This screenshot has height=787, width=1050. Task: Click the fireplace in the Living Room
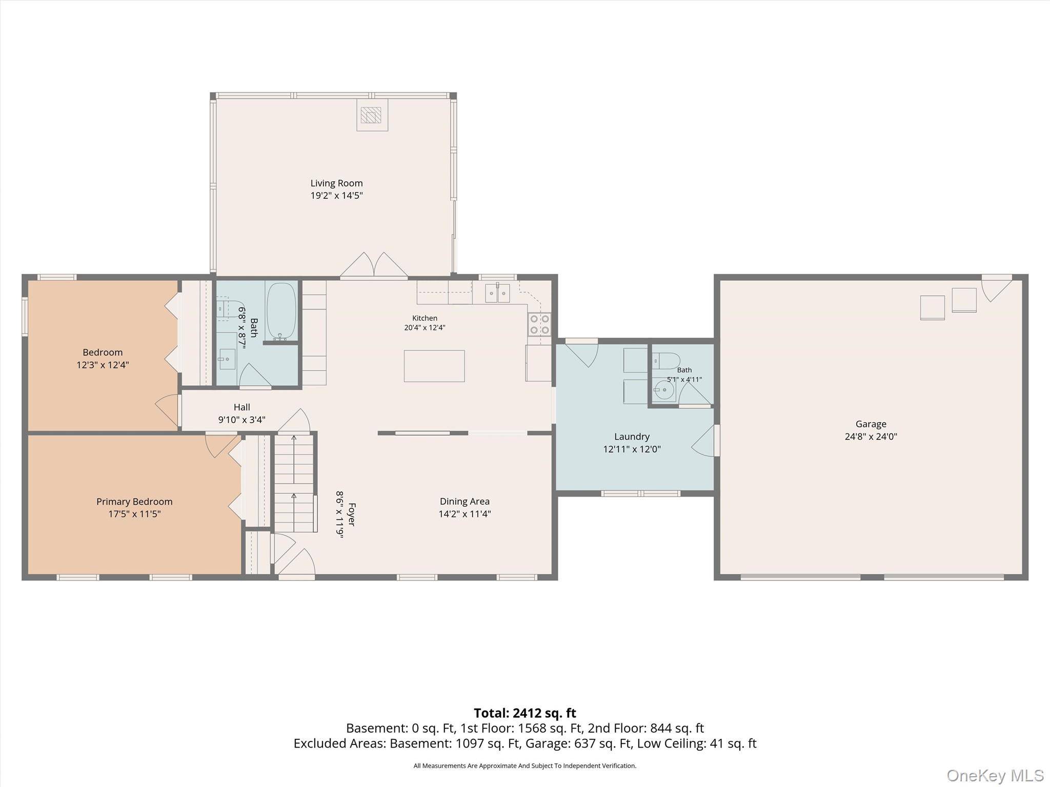click(372, 115)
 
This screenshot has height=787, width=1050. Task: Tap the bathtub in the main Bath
click(280, 311)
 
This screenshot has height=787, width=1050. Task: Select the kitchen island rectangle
click(434, 366)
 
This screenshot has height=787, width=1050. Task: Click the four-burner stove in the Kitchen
click(539, 324)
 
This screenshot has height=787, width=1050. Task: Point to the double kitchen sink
click(498, 293)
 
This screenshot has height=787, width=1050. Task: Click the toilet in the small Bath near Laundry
click(666, 361)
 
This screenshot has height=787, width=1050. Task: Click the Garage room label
click(871, 424)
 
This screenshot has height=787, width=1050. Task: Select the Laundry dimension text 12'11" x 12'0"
click(632, 449)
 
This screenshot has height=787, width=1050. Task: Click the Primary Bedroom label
click(134, 502)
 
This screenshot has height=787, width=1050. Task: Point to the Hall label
click(242, 407)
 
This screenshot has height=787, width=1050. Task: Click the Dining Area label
click(465, 502)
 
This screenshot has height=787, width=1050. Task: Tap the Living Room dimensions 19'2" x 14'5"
click(336, 195)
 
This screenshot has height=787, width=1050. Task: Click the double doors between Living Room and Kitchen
click(374, 265)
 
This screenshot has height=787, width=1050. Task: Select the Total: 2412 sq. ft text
click(524, 713)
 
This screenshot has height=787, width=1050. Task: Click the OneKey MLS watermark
click(995, 775)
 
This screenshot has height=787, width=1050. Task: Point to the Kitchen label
click(425, 318)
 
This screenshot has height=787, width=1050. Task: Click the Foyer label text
click(352, 514)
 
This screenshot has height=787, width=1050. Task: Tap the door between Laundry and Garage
click(704, 441)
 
